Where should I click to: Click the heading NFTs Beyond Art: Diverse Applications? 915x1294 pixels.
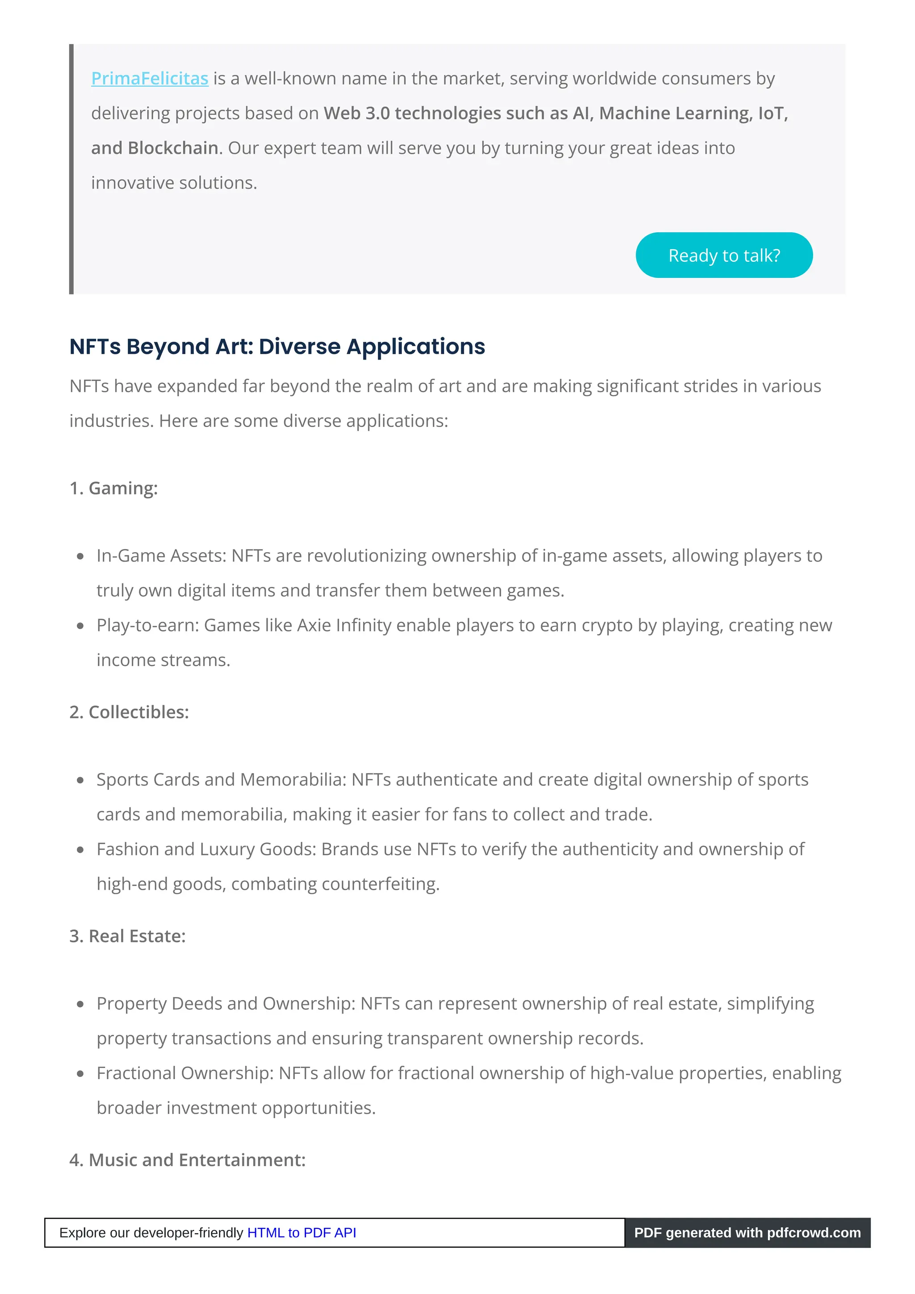tap(277, 347)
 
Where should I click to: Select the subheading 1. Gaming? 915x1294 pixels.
tap(113, 488)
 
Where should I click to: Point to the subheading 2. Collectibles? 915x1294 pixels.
tap(129, 712)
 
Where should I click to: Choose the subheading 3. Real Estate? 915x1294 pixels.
tap(127, 936)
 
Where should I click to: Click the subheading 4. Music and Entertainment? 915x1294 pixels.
tap(187, 1160)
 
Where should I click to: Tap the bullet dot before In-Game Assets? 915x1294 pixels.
tap(80, 556)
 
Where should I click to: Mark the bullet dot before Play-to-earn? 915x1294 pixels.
tap(80, 626)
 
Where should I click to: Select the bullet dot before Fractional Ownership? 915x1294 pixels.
tap(80, 1074)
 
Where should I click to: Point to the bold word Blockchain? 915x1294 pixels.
tap(172, 148)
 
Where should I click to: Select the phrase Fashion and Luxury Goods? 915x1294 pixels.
tap(206, 849)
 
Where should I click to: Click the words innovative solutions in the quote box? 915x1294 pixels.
tap(174, 183)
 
